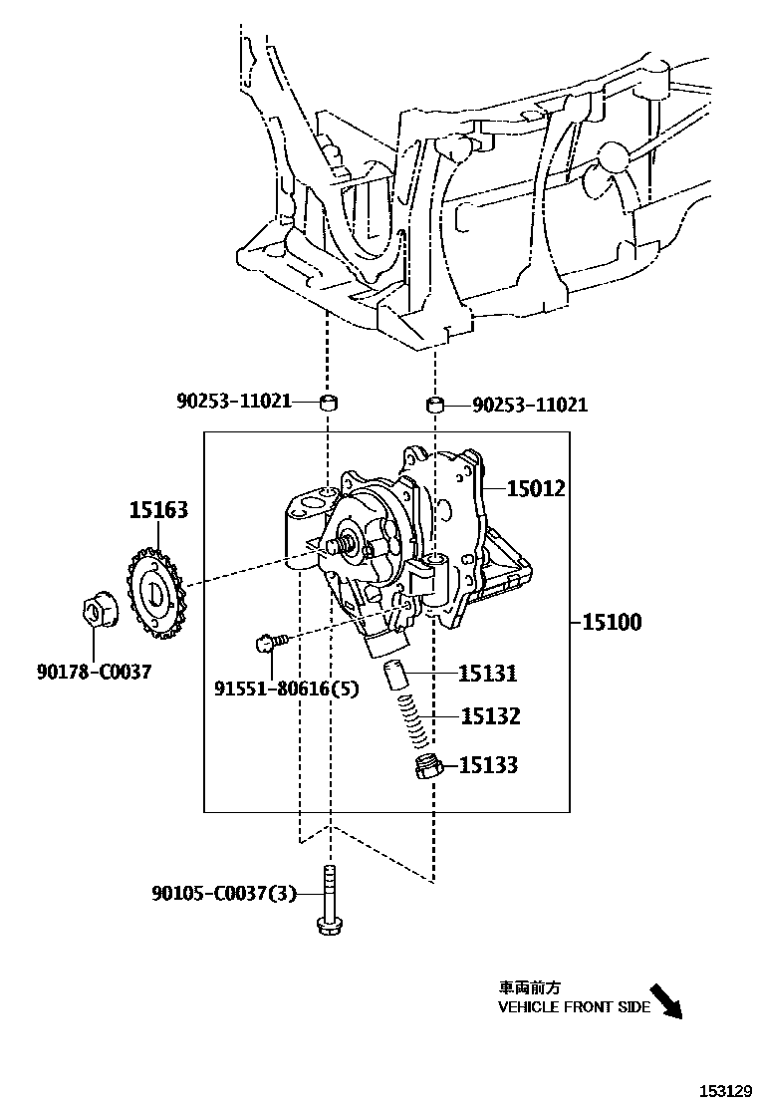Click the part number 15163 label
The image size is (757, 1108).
157,510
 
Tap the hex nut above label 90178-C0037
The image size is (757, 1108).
98,610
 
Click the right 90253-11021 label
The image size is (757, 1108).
530,405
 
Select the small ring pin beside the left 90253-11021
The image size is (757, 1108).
327,403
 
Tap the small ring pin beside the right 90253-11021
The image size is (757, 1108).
434,405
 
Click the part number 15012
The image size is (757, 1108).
536,488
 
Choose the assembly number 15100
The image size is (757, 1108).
612,622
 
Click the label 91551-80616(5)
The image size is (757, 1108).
286,688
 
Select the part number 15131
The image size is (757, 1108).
488,674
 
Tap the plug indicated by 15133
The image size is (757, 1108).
426,767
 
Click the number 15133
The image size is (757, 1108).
488,765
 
